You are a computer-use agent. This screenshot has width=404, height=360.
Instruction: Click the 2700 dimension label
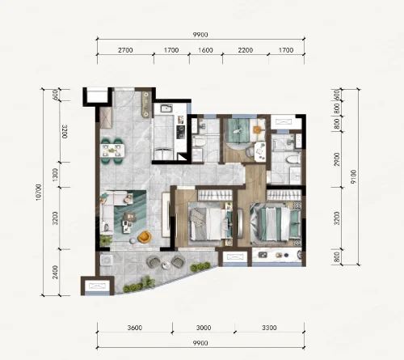point(125,50)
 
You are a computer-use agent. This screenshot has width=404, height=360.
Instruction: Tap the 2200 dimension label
point(245,50)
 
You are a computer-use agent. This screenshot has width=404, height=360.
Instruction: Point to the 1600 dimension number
point(205,50)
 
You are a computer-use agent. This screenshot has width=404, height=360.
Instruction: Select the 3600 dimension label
point(135,328)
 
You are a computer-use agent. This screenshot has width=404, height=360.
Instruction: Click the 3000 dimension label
point(204,328)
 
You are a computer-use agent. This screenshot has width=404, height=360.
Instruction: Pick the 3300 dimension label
point(269,328)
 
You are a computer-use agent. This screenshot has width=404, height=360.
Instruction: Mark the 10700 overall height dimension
point(39,192)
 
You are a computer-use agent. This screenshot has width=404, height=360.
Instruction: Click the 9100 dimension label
point(353,177)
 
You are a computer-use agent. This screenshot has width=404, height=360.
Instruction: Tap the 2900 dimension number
point(336,159)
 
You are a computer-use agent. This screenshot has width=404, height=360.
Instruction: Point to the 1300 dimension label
point(55,175)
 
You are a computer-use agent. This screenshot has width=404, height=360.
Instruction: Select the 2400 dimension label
point(55,273)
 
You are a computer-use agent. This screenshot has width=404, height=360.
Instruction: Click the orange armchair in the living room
point(145,236)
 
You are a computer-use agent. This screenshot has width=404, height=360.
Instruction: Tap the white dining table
point(112,150)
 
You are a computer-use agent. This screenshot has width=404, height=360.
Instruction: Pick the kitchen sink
point(166,108)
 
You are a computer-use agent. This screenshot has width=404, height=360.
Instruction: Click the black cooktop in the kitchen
point(180,132)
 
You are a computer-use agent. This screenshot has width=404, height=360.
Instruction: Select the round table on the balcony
point(166,265)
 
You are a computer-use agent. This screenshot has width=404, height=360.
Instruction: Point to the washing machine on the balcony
point(107,260)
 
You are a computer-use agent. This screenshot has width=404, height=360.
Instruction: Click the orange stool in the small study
point(257,129)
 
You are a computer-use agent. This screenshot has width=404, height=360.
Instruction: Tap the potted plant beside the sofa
point(106,239)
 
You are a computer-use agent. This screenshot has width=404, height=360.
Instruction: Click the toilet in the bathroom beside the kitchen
point(199,142)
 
